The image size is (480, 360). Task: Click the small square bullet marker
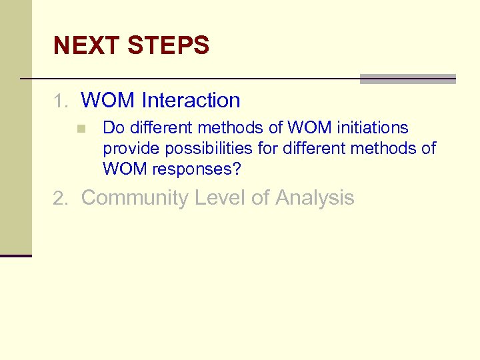[x=81, y=128]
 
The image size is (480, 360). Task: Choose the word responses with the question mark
[x=197, y=169]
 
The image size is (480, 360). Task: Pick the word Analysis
[x=314, y=198]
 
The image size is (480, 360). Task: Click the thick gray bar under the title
[x=407, y=79]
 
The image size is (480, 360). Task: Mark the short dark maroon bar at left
[x=16, y=255]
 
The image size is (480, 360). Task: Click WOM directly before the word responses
[x=125, y=169]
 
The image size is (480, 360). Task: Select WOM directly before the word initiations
[x=309, y=127]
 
